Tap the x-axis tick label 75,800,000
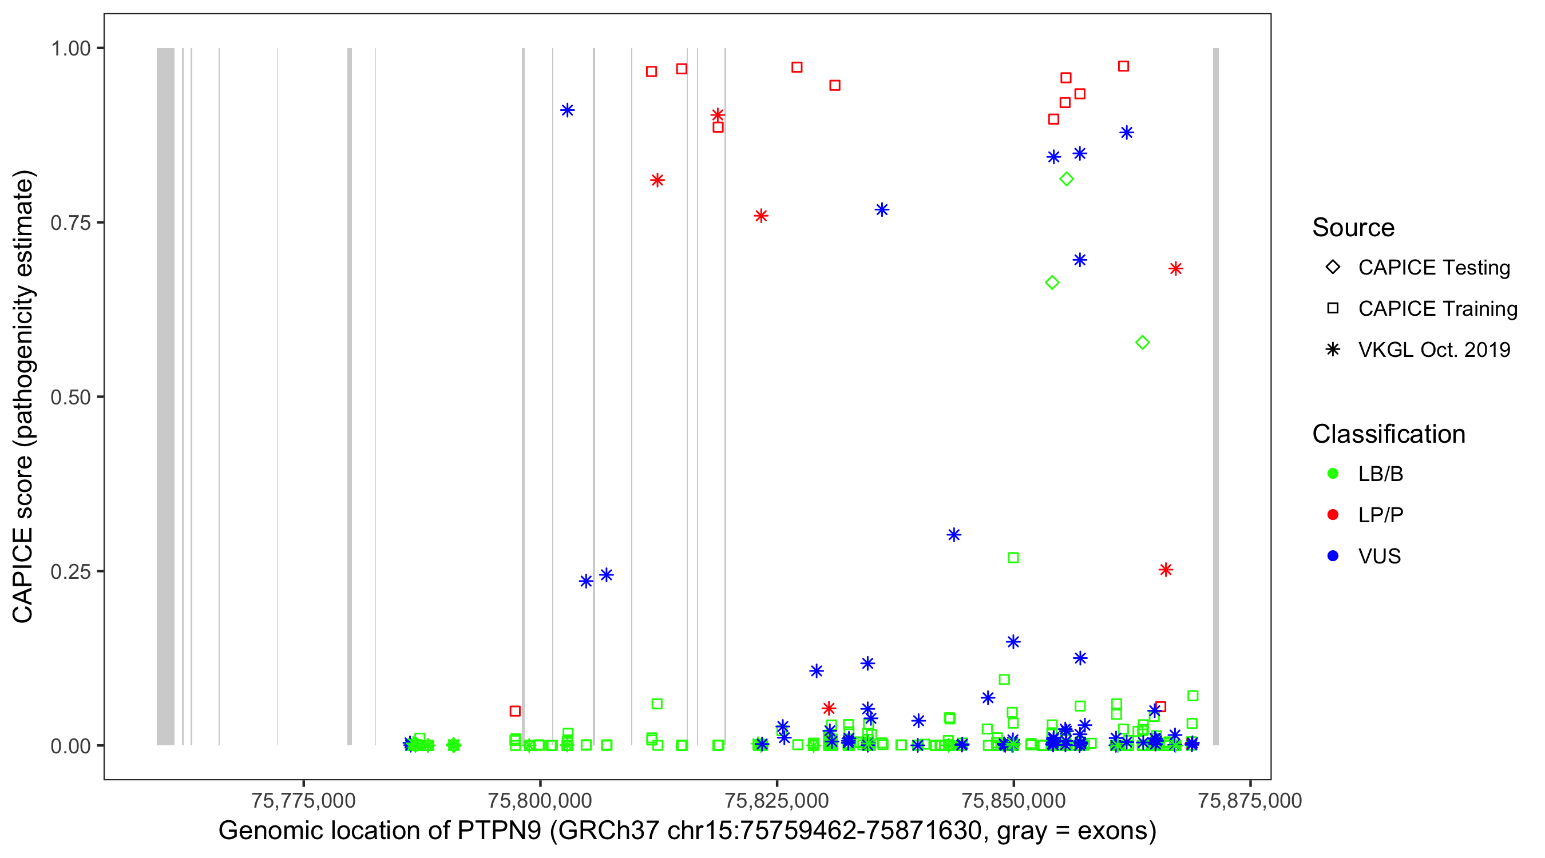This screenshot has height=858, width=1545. pyautogui.click(x=540, y=800)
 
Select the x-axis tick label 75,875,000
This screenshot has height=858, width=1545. pyautogui.click(x=1250, y=800)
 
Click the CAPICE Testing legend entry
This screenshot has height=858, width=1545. pyautogui.click(x=1433, y=268)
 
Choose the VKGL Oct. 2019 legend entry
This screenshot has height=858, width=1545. pyautogui.click(x=1433, y=349)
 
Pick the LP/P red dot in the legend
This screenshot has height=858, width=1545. pyautogui.click(x=1333, y=515)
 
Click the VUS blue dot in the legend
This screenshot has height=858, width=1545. pyautogui.click(x=1333, y=557)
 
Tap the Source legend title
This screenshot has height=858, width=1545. pyautogui.click(x=1353, y=228)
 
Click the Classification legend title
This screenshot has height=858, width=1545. pyautogui.click(x=1388, y=434)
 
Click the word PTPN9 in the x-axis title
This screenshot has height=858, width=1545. pyautogui.click(x=499, y=831)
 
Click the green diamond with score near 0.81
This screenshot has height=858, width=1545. pyautogui.click(x=1067, y=179)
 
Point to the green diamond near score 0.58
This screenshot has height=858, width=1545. pyautogui.click(x=1143, y=343)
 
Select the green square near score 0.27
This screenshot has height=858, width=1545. pyautogui.click(x=1013, y=558)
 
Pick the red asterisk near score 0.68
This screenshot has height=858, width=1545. pyautogui.click(x=1175, y=269)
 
